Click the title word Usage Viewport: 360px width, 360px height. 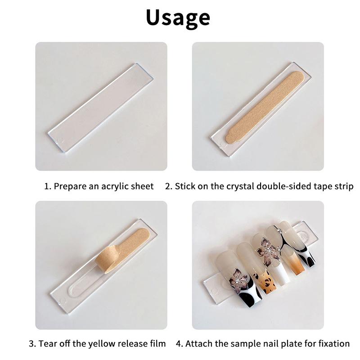coord(178,18)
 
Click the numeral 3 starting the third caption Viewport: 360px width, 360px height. coord(32,343)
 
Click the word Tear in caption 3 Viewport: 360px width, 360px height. coord(48,343)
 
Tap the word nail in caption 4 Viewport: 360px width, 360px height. coord(268,343)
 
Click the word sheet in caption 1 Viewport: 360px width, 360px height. coord(143,186)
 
